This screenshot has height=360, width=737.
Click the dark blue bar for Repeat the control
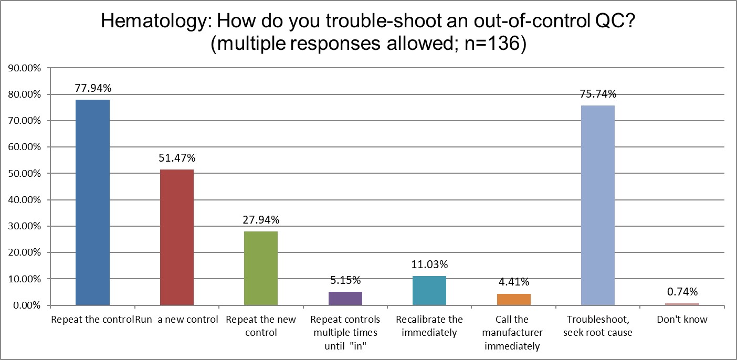pos(92,202)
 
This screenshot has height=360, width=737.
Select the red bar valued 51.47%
pos(177,237)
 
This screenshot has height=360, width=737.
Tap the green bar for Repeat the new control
pos(261,268)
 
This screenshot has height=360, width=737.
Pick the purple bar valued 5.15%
pos(345,299)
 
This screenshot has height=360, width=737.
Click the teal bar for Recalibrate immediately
pos(429,291)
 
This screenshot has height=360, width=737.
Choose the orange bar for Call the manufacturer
pos(514,300)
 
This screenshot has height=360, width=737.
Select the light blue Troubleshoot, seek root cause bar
pos(598,205)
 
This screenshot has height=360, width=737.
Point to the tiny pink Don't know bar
pos(682,304)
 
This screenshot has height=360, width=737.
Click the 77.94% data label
pos(92,88)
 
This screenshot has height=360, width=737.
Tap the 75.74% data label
pos(598,94)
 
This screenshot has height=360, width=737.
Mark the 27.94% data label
pos(261,220)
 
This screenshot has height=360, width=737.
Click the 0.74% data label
pos(682,292)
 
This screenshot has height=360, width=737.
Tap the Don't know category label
pos(682,320)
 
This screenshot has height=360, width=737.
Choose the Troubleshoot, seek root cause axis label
pos(598,326)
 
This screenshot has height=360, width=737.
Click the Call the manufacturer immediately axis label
pos(514,333)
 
